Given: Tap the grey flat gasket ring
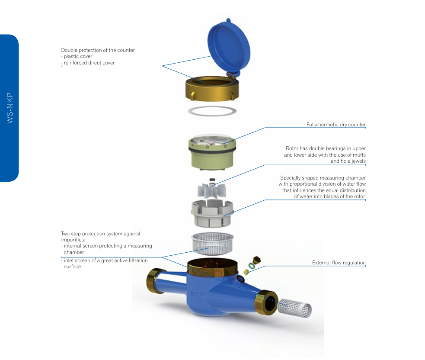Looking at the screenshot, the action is coord(212,111).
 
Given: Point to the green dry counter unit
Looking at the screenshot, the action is coord(212,152).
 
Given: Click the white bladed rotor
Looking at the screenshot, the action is coord(212,190).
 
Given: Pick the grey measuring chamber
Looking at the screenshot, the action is coord(212,213).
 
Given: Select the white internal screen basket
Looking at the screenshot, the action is coord(212,244).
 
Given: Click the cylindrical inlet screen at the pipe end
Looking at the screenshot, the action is coord(294,308).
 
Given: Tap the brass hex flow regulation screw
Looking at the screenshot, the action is coord(256,260).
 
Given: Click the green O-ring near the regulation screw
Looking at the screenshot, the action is coord(252,267).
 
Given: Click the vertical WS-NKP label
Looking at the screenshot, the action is coord(10,108).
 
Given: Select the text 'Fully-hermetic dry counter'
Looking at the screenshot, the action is coord(336,125).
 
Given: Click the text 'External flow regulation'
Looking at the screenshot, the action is coord(339,263).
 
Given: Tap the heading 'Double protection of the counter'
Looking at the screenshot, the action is coord(98,50).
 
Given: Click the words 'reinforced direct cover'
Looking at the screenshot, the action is coord(89,63).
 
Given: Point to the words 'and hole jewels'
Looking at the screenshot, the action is coord(348,161).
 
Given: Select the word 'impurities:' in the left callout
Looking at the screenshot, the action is coord(73,240).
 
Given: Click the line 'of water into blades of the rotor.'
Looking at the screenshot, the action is coord(330,196).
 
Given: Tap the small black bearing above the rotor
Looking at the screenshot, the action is coord(212,180).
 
